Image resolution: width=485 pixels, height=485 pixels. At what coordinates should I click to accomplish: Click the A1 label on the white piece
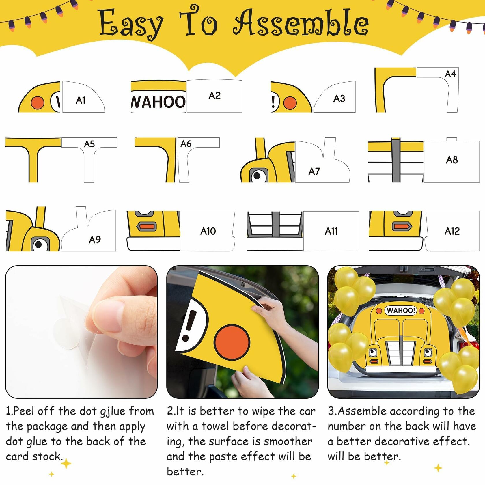[81, 100]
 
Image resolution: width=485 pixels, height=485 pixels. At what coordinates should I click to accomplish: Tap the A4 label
[450, 74]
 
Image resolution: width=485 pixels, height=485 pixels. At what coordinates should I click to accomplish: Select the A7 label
[314, 171]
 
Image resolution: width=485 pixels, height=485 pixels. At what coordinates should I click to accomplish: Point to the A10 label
[208, 231]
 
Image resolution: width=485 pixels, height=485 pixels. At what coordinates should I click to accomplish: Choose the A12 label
[452, 231]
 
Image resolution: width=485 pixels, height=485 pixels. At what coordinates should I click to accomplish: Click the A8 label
[452, 160]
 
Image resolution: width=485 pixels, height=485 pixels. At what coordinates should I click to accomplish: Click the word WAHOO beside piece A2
[158, 102]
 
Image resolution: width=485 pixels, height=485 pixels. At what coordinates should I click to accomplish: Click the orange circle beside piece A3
[290, 103]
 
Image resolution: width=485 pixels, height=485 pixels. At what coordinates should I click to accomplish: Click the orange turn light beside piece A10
[146, 226]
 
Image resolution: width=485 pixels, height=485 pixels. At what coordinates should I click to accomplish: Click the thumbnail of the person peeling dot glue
[81, 332]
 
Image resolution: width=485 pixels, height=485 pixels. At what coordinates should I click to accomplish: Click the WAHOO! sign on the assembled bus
[401, 311]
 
